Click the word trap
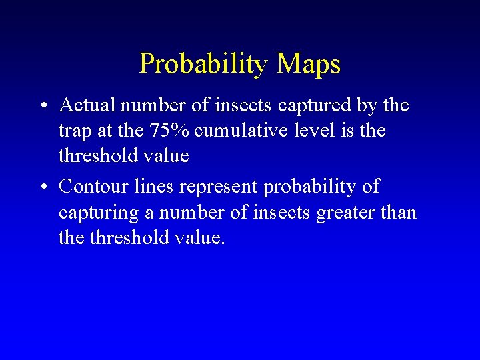coord(75,131)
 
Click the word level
coord(319,131)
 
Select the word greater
coord(351,213)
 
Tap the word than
coord(400,212)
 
